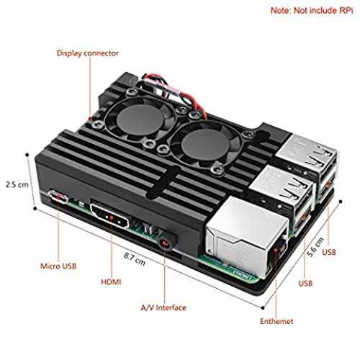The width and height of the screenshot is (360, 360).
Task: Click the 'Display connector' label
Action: point(88,53)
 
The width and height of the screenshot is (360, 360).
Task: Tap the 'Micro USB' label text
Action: point(58,266)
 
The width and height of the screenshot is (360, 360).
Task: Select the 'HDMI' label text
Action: point(111,282)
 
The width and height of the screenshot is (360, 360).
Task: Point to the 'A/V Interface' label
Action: point(163,307)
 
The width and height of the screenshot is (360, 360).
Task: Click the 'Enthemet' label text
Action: point(276,321)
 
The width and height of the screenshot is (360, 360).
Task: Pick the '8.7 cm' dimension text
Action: point(135,259)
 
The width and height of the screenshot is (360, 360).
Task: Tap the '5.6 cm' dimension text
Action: point(315,247)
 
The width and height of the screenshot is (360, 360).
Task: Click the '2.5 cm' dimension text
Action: point(17,184)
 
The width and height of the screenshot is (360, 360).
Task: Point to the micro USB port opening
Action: point(58,197)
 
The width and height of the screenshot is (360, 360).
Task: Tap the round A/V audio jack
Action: point(165,243)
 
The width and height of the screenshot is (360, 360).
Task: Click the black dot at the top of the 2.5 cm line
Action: point(27,155)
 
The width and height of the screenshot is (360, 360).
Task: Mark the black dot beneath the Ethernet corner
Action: point(263,308)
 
